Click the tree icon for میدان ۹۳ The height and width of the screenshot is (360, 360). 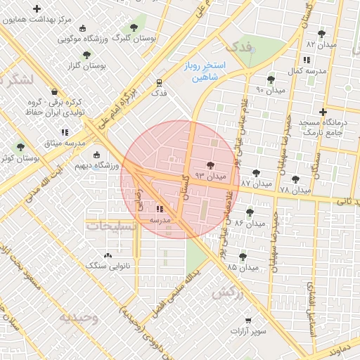tap(210, 165)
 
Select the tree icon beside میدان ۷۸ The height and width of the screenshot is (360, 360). tap(295, 179)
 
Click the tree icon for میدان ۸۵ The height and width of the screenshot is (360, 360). tap(243, 257)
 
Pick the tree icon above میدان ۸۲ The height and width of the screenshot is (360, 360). tap(321, 34)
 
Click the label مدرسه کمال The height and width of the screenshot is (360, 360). tap(307, 72)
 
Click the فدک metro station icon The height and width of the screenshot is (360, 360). tap(160, 82)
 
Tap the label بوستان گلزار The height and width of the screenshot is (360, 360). tap(84, 65)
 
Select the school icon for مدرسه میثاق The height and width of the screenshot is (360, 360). tap(65, 131)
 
